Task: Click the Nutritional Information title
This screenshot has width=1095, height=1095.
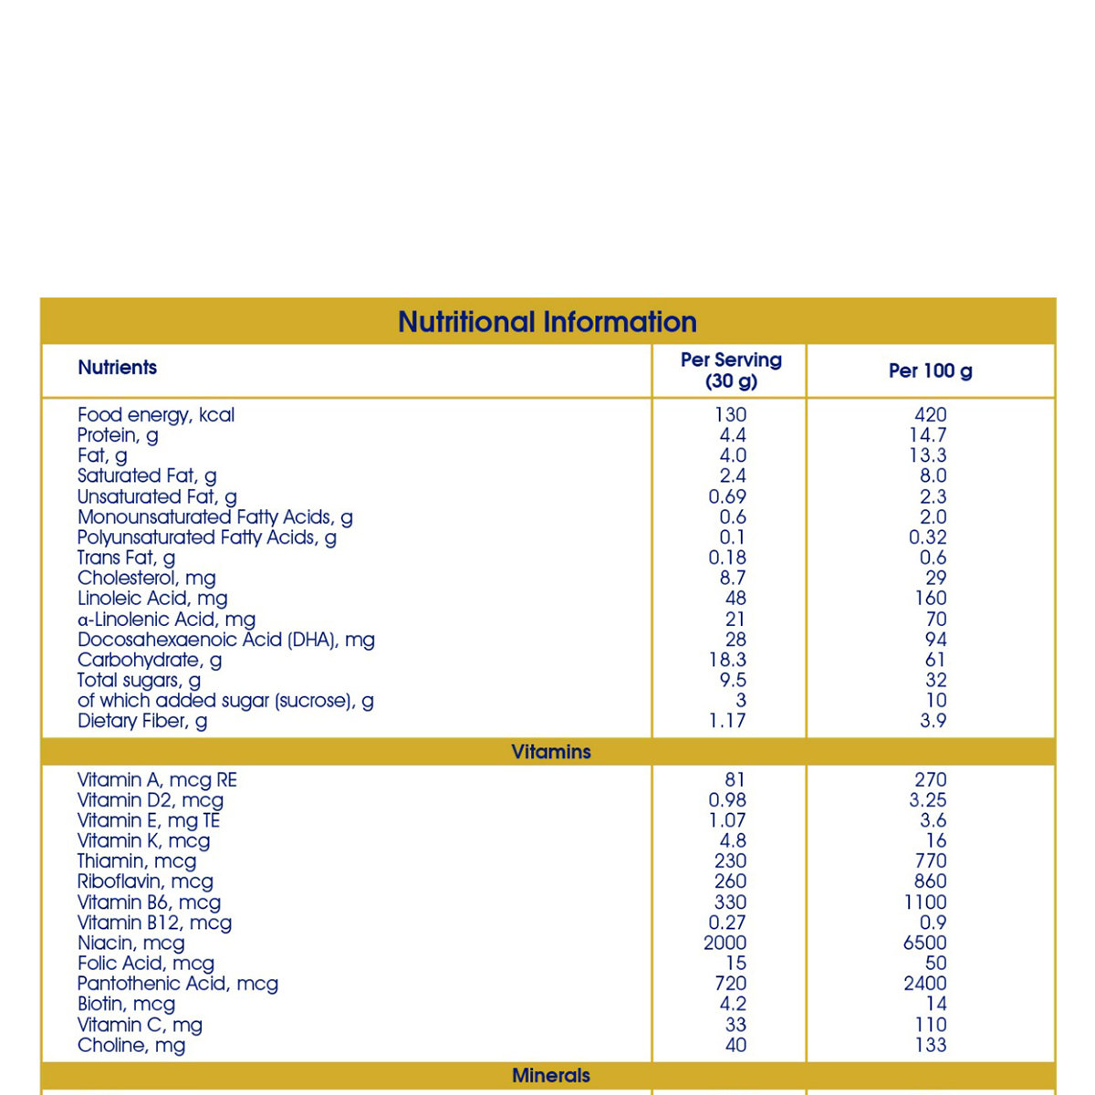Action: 547,322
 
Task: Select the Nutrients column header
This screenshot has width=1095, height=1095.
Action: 117,368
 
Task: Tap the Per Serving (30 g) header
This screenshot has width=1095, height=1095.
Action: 731,370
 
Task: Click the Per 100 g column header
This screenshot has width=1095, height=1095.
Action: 930,371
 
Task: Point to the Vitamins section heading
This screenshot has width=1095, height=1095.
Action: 551,752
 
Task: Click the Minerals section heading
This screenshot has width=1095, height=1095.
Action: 551,1076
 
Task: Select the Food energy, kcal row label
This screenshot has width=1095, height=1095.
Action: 156,415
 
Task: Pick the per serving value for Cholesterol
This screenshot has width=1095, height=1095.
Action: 732,579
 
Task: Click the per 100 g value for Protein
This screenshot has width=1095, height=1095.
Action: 928,435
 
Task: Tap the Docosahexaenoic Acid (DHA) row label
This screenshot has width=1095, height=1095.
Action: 226,640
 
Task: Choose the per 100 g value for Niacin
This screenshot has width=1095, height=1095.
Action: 925,944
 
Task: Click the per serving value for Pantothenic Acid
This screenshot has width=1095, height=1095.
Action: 731,984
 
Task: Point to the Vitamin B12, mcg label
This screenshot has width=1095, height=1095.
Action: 154,923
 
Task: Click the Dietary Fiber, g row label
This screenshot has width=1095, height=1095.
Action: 142,721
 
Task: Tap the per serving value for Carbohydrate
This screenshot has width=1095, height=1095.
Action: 726,660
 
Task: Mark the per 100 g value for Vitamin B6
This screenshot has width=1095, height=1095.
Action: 925,902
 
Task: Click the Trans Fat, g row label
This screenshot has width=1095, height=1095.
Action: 126,558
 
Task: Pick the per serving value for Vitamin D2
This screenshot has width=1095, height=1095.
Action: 727,800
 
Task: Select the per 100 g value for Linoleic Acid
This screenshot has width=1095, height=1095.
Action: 930,599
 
